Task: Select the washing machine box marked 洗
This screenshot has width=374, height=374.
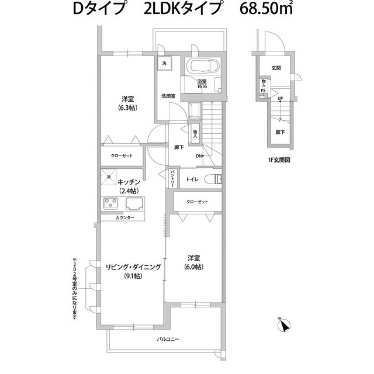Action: tap(164, 63)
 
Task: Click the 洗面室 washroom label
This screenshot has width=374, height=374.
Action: tap(169, 95)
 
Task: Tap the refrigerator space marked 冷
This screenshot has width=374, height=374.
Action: tap(109, 176)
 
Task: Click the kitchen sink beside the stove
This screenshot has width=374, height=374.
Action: tap(136, 205)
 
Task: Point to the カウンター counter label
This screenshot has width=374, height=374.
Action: tap(125, 218)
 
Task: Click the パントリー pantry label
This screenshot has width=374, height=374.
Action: tap(173, 178)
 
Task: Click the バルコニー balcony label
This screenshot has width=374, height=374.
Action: tap(168, 339)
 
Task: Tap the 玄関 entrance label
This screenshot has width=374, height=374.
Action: tap(276, 68)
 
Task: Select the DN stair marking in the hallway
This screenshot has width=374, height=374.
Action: tap(199, 156)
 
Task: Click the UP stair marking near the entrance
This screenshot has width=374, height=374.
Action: tap(280, 98)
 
